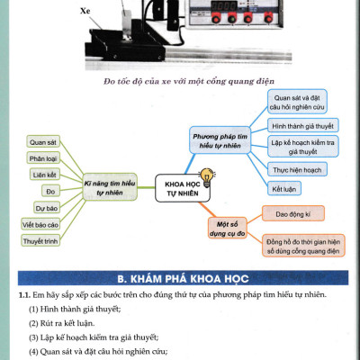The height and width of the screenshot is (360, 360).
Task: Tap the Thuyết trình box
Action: (40, 240)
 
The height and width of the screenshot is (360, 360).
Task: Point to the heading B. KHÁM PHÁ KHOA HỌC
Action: (180, 277)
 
